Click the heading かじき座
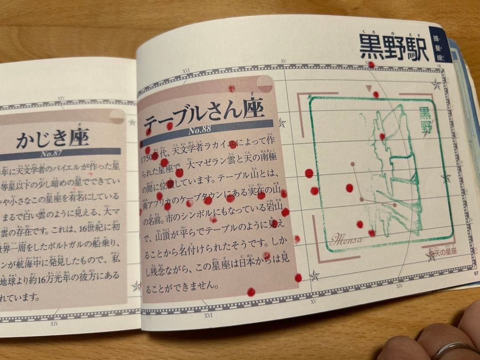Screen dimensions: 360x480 click(52, 139)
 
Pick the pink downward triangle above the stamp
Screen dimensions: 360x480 click(368, 89)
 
